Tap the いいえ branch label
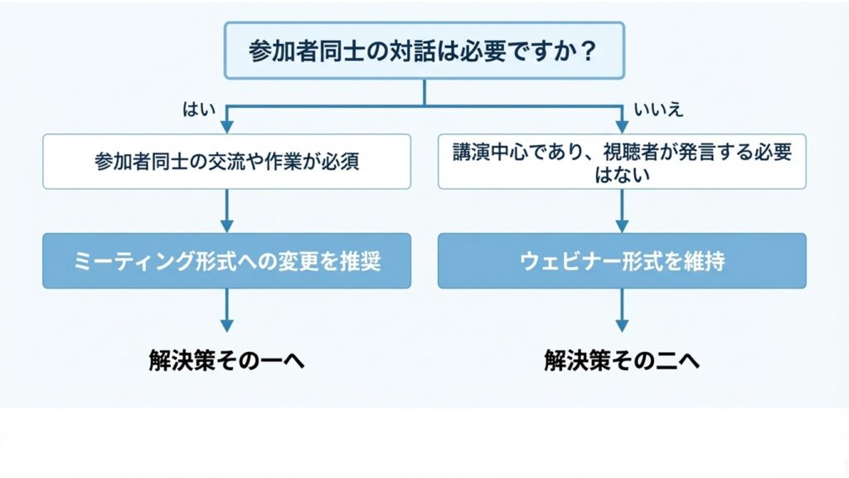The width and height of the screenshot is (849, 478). (659, 110)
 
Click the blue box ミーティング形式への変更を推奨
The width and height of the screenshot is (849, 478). (226, 261)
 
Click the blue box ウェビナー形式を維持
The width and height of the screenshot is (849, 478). (622, 261)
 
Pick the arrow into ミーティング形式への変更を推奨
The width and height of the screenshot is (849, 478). (226, 226)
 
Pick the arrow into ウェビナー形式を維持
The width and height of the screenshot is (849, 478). (622, 226)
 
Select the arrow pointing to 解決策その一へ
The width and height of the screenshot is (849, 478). (226, 325)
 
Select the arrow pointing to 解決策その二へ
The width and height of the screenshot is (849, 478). (622, 325)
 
